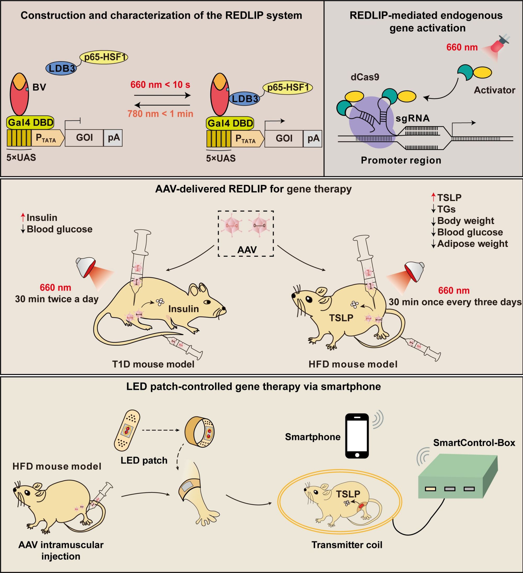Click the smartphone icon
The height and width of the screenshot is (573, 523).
tap(357, 436)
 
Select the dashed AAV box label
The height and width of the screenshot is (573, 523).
tap(247, 250)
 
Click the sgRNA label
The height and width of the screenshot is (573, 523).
tap(413, 118)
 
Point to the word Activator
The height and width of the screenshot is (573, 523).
tap(494, 90)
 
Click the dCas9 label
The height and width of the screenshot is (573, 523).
tap(365, 77)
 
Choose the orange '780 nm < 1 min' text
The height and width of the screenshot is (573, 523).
tap(160, 114)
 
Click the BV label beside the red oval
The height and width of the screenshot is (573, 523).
tap(39, 87)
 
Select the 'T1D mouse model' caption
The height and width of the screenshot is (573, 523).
tap(153, 364)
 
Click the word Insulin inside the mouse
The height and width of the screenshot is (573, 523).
tap(183, 309)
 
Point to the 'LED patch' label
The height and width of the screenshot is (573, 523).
tap(144, 460)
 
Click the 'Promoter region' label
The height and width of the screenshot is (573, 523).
tap(401, 160)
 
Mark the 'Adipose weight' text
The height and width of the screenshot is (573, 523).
tap(473, 244)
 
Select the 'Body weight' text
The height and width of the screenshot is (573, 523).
tap(466, 221)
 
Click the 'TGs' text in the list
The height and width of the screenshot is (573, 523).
tap(446, 209)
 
